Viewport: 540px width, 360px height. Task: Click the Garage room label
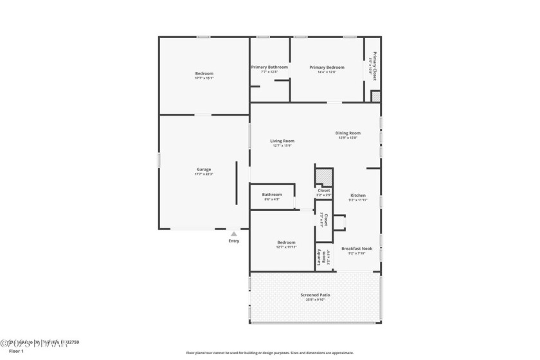pyautogui.click(x=204, y=169)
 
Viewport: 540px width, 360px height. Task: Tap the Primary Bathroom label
pyautogui.click(x=269, y=67)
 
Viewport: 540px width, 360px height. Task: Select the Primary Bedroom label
pyautogui.click(x=327, y=67)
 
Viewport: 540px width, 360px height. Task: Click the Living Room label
pyautogui.click(x=282, y=141)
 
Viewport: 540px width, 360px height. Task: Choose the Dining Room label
pyautogui.click(x=348, y=133)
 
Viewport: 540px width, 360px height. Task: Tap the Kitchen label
pyautogui.click(x=357, y=195)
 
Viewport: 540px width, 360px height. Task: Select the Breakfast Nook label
pyautogui.click(x=357, y=248)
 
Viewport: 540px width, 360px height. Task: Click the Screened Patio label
pyautogui.click(x=315, y=294)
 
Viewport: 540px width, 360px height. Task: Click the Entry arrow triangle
pyautogui.click(x=234, y=234)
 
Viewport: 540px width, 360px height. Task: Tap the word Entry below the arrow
pyautogui.click(x=234, y=241)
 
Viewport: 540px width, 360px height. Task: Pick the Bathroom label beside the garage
pyautogui.click(x=272, y=194)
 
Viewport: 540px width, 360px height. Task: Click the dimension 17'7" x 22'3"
pyautogui.click(x=204, y=174)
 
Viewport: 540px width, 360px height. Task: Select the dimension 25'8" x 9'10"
pyautogui.click(x=315, y=300)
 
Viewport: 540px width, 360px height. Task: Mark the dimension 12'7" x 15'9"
pyautogui.click(x=282, y=145)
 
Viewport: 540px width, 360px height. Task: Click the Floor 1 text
pyautogui.click(x=16, y=352)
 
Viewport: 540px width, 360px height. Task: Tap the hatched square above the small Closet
pyautogui.click(x=323, y=177)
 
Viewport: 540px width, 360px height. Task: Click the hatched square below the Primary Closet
pyautogui.click(x=376, y=96)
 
